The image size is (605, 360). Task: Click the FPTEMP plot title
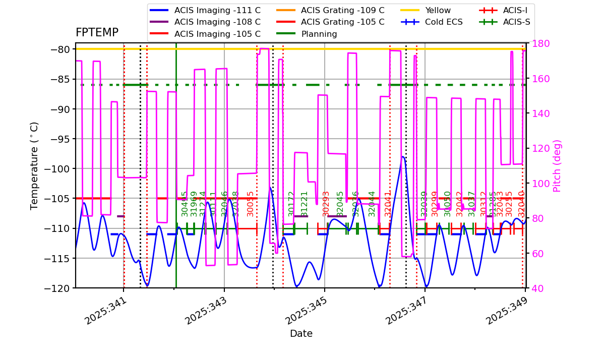[x=97, y=33]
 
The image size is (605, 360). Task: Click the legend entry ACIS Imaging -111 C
[x=217, y=10]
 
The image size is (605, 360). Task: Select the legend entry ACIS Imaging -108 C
[x=217, y=22]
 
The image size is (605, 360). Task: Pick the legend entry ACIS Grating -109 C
[x=342, y=10]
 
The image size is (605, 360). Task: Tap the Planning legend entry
[x=319, y=34]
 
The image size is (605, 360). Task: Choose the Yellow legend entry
[x=438, y=10]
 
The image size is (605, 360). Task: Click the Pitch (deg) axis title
[x=557, y=165]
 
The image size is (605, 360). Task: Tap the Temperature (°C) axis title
[x=34, y=165]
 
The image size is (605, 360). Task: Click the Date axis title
[x=301, y=334]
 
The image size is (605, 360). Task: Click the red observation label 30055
[x=251, y=204]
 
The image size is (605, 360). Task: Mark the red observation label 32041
[x=388, y=204]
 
